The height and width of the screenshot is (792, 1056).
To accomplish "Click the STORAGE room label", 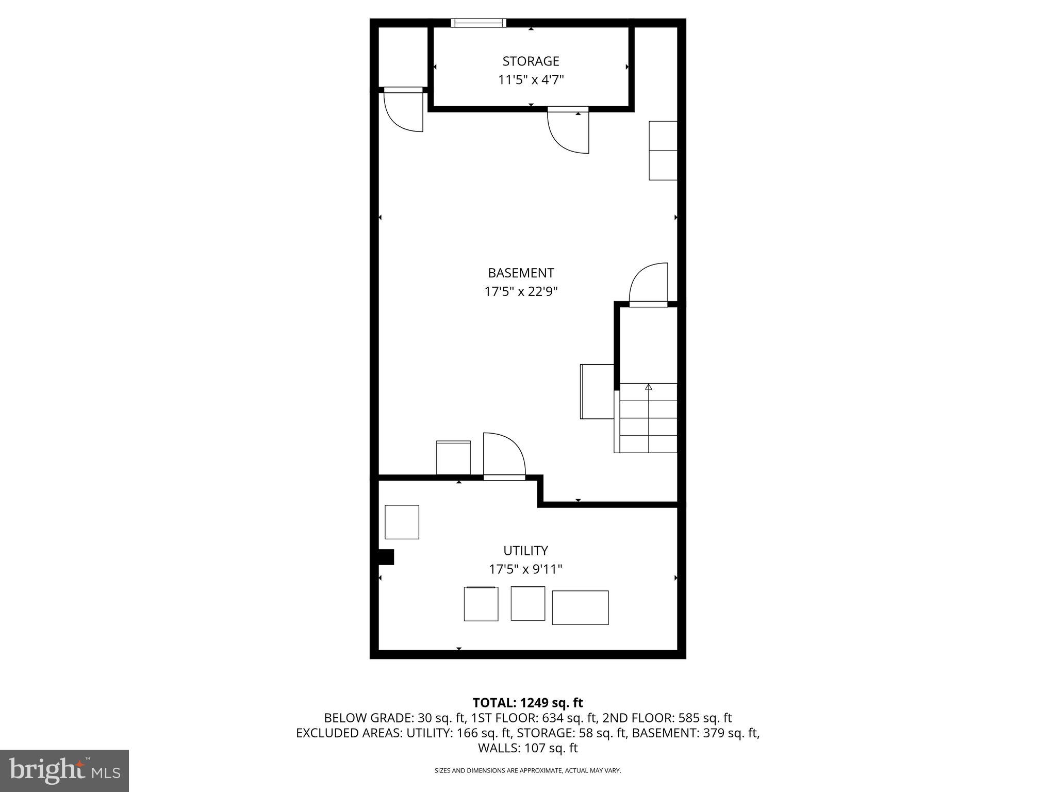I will coord(531,61).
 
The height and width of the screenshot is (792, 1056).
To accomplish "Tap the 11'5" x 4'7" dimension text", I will coord(531,80).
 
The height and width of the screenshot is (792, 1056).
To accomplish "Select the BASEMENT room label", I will coord(521,273).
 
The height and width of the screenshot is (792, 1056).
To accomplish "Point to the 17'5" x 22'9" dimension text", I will coord(521,292).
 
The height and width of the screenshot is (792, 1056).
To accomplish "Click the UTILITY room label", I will coord(525,550).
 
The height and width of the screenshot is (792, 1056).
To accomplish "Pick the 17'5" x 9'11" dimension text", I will coord(525,569).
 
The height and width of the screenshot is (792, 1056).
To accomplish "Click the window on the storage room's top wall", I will coord(478,23).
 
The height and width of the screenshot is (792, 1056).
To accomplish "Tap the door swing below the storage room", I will coord(567,131).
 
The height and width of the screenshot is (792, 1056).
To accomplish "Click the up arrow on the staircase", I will coord(649,387).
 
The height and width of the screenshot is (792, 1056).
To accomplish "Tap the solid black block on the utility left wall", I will coord(386,557).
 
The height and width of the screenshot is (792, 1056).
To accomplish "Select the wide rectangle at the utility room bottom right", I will coord(580,607).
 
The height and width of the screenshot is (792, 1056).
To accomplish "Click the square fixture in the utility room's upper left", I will coord(402,522).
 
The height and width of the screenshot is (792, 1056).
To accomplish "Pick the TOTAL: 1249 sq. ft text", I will coord(527,702).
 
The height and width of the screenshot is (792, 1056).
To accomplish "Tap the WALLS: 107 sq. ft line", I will coord(527,748).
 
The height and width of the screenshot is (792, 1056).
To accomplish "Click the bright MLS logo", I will coord(64,771).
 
